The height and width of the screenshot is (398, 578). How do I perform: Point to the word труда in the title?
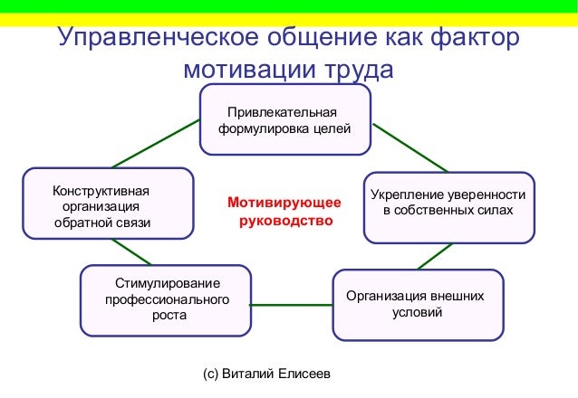(x=354, y=70)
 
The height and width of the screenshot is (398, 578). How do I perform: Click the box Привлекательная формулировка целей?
(x=284, y=121)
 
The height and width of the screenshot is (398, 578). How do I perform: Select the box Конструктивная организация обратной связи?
(x=108, y=204)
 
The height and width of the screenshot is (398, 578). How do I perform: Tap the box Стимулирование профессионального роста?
(x=166, y=298)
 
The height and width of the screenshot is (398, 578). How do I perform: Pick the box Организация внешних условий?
(x=417, y=304)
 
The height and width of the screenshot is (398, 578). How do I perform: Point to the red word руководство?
(x=285, y=220)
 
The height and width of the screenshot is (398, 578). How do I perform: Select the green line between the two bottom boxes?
(x=291, y=305)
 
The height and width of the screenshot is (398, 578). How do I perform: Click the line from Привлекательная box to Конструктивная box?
(x=157, y=143)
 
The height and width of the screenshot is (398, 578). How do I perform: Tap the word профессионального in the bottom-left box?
(x=167, y=298)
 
